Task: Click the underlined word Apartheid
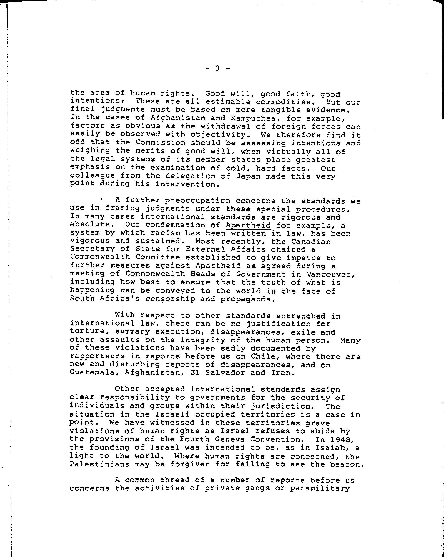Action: coord(248,225)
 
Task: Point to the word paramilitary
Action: coord(320,488)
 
